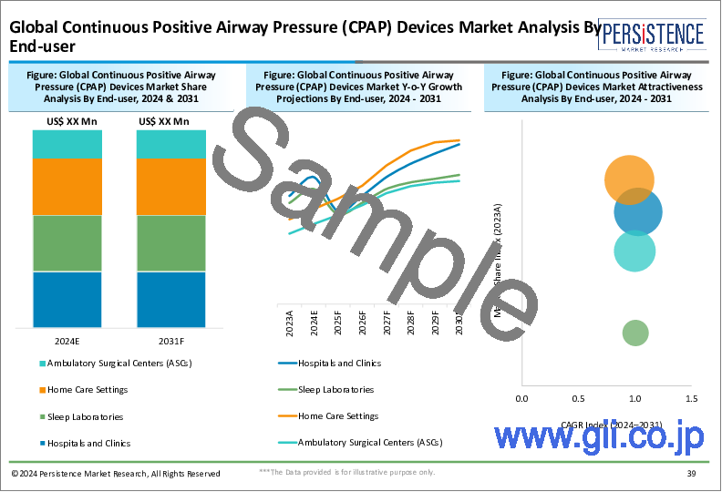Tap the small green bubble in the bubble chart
[x=635, y=333]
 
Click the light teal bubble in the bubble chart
[x=634, y=251]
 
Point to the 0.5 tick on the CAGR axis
[x=578, y=399]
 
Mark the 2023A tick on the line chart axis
[x=291, y=323]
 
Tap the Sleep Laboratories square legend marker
[x=42, y=417]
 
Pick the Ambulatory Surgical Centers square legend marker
[x=42, y=364]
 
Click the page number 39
[x=690, y=474]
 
